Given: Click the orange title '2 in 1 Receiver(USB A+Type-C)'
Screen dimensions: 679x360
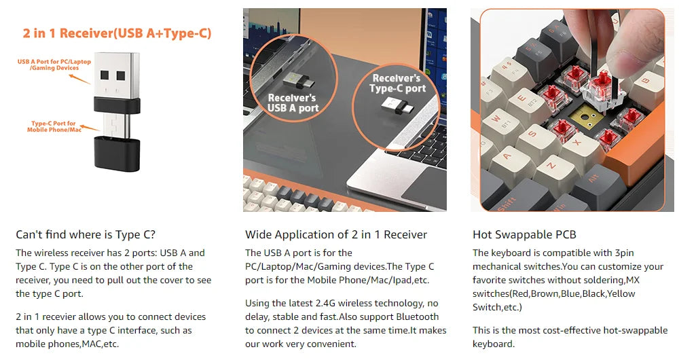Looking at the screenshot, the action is point(117,33).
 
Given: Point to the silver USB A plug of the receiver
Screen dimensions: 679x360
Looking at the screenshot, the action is point(117,76).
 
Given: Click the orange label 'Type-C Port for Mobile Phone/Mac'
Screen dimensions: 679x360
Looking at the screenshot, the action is point(54,126).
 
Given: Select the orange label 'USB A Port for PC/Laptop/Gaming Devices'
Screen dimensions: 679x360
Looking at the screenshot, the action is point(54,65).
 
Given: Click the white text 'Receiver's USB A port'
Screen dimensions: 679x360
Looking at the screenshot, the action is point(293,103).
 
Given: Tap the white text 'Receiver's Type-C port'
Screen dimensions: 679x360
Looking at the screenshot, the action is point(397,83).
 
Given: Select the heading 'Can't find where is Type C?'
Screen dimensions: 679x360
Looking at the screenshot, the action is point(86,234).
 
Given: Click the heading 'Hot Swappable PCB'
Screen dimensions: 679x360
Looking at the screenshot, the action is point(524,234).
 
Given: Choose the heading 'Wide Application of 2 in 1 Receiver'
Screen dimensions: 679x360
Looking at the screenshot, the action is point(336,234).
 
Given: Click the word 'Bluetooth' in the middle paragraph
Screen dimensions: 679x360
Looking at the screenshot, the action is point(417,317).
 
